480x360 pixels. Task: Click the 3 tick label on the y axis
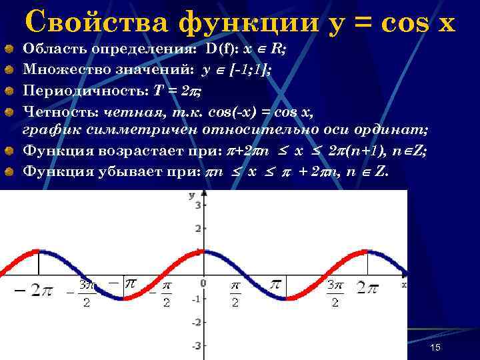pyautogui.click(x=197, y=206)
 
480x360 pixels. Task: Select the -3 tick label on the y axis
pyautogui.click(x=196, y=346)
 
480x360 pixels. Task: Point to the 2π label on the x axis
pyautogui.click(x=368, y=287)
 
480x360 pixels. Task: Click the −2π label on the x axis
pyautogui.click(x=33, y=291)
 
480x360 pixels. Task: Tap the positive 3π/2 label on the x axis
pyautogui.click(x=335, y=293)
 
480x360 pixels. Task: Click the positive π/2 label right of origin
pyautogui.click(x=235, y=293)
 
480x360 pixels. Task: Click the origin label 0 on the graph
pyautogui.click(x=203, y=283)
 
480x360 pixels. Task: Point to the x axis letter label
pyautogui.click(x=403, y=284)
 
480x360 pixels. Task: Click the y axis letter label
pyautogui.click(x=192, y=195)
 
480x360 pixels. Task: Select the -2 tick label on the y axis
pyautogui.click(x=196, y=323)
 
